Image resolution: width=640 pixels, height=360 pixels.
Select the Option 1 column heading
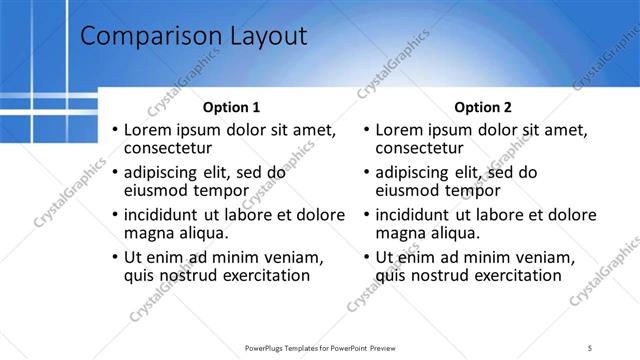[231, 107]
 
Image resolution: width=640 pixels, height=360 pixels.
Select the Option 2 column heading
[482, 107]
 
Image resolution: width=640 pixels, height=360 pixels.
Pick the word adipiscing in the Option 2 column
[415, 172]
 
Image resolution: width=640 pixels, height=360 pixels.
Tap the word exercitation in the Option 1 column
[261, 275]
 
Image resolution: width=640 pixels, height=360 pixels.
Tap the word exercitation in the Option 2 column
[512, 275]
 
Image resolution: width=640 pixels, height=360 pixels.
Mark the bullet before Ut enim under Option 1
[115, 257]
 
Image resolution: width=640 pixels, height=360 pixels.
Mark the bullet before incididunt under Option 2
[366, 214]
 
